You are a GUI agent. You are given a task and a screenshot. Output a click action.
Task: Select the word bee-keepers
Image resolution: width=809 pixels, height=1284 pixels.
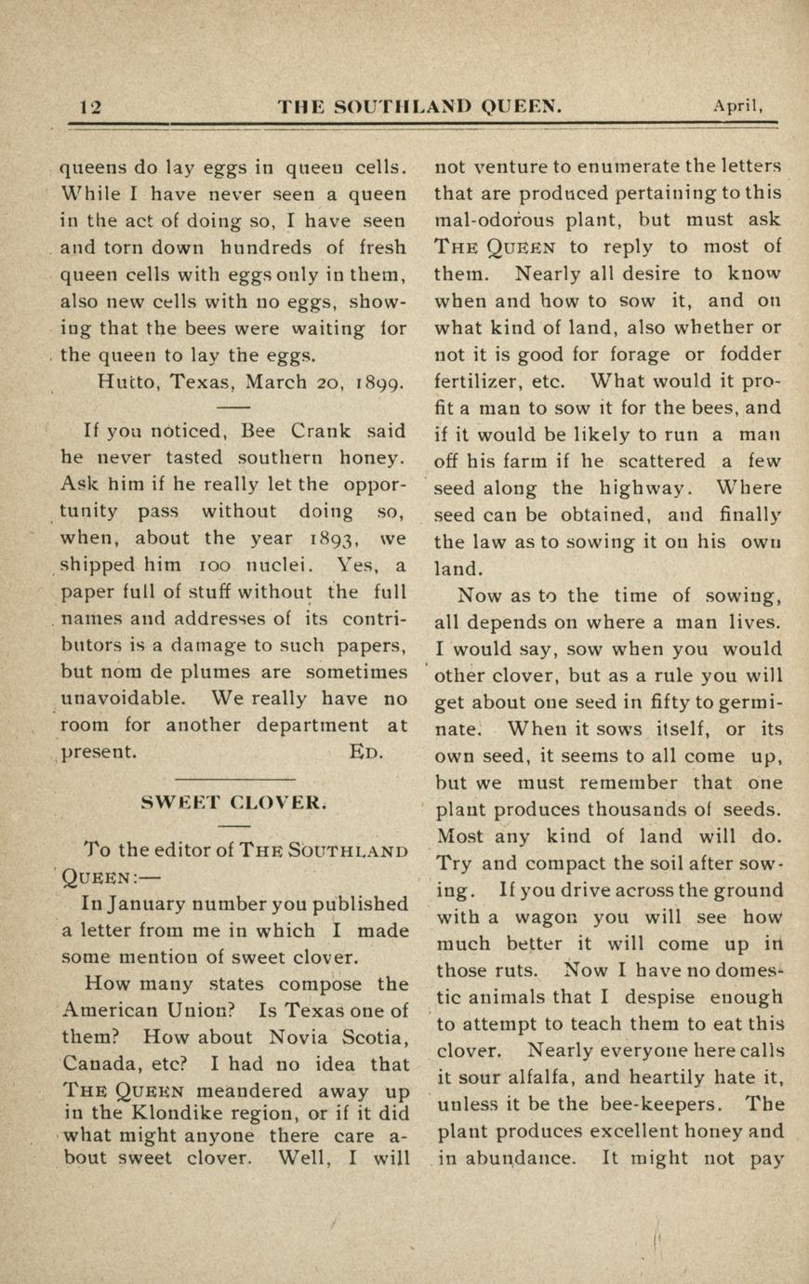point(656,1105)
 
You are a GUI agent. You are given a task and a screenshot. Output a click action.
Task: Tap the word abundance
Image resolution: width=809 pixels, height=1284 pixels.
point(522,1158)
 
